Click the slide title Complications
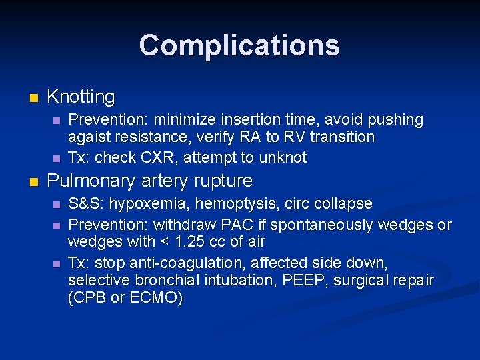pyautogui.click(x=239, y=45)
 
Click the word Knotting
pyautogui.click(x=81, y=97)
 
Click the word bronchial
pyautogui.click(x=149, y=281)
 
